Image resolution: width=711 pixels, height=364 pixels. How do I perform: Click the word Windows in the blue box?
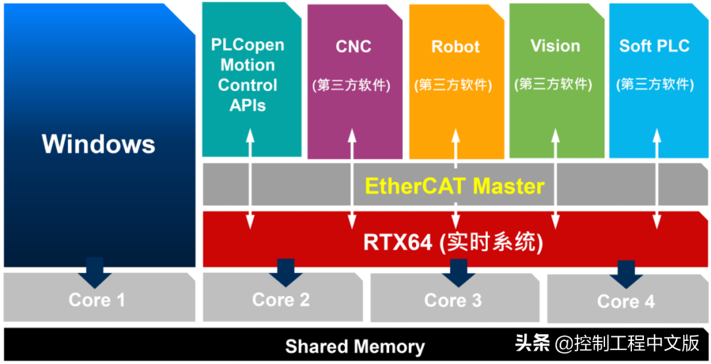99,144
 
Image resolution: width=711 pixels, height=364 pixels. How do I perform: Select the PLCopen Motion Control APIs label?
248,75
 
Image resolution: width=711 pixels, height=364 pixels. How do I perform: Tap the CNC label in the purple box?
354,47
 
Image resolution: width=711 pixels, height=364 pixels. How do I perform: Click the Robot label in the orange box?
456,47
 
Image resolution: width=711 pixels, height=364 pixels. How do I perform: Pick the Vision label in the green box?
555,46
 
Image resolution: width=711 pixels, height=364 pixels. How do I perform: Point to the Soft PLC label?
654,46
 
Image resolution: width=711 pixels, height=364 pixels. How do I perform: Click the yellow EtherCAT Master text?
455,186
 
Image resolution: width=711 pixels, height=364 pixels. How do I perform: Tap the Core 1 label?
96,300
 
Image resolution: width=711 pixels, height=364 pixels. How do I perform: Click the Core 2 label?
281,299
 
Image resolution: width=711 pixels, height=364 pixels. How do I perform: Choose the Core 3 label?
453,301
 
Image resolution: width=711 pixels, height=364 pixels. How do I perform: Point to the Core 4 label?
626,301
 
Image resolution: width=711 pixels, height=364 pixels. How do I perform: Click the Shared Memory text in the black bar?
355,346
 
